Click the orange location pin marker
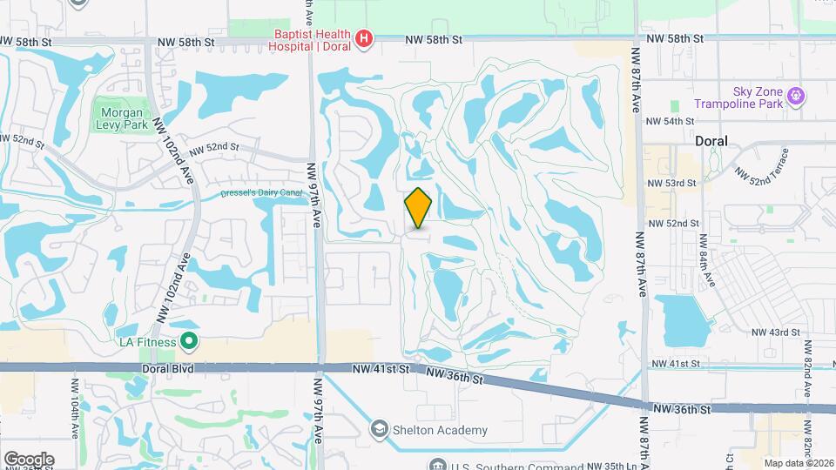tap(418, 208)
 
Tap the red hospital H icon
tap(364, 39)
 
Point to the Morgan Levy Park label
tap(119, 118)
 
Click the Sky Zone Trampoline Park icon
tap(794, 95)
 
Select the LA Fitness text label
tap(148, 342)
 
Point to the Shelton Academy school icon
tap(379, 429)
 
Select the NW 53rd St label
tap(672, 183)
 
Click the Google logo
tap(29, 459)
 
